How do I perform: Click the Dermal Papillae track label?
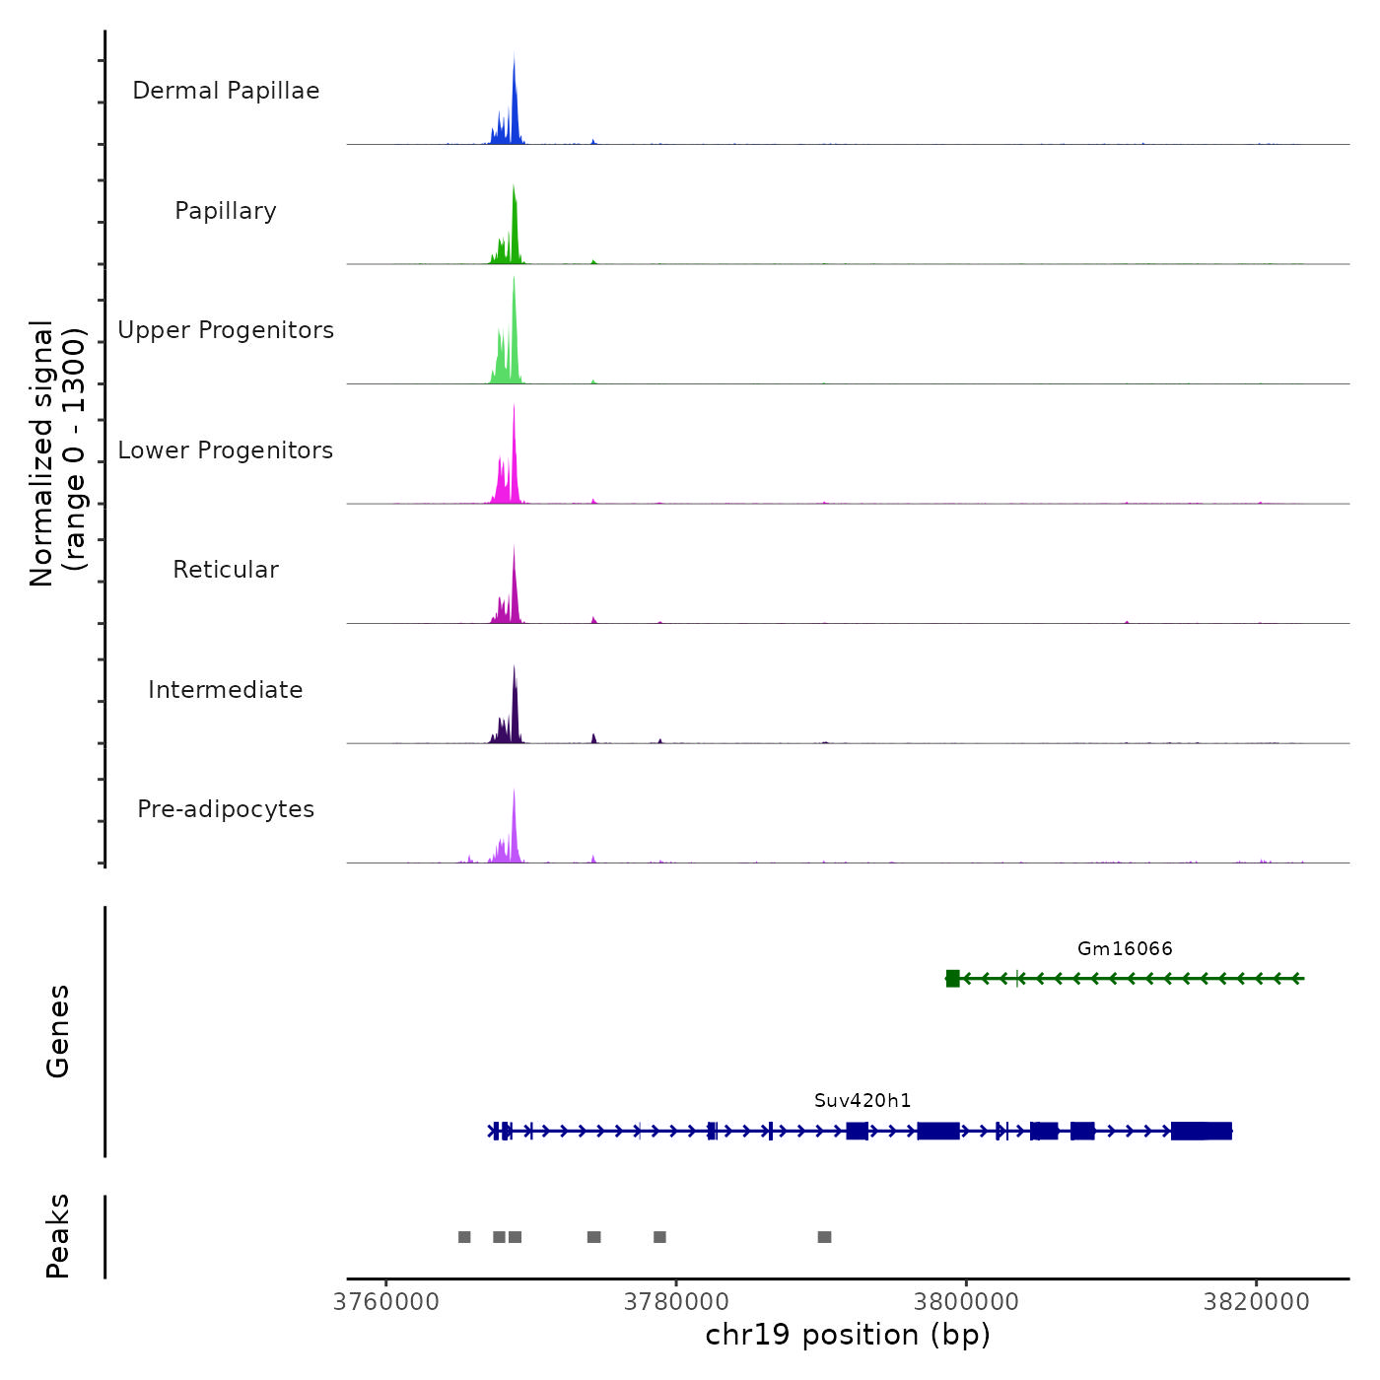[x=226, y=91]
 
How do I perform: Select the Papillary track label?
[x=226, y=211]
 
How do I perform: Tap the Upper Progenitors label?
[x=226, y=330]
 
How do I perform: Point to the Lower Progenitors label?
[x=226, y=450]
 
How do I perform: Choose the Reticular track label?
[x=226, y=570]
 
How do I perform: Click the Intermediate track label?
[x=226, y=690]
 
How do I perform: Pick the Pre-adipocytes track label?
[x=226, y=809]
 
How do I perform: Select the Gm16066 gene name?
[x=1125, y=949]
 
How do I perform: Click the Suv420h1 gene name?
[x=862, y=1101]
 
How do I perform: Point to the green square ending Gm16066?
[x=952, y=979]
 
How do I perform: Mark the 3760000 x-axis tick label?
[x=386, y=1302]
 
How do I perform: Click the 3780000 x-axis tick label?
[x=676, y=1302]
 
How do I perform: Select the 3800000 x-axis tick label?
[x=966, y=1302]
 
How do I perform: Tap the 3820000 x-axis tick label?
[x=1256, y=1302]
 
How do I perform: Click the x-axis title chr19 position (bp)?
[x=848, y=1336]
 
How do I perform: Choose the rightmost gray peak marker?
[x=824, y=1237]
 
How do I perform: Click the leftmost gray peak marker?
[x=464, y=1237]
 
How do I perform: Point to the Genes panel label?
[x=58, y=1031]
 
